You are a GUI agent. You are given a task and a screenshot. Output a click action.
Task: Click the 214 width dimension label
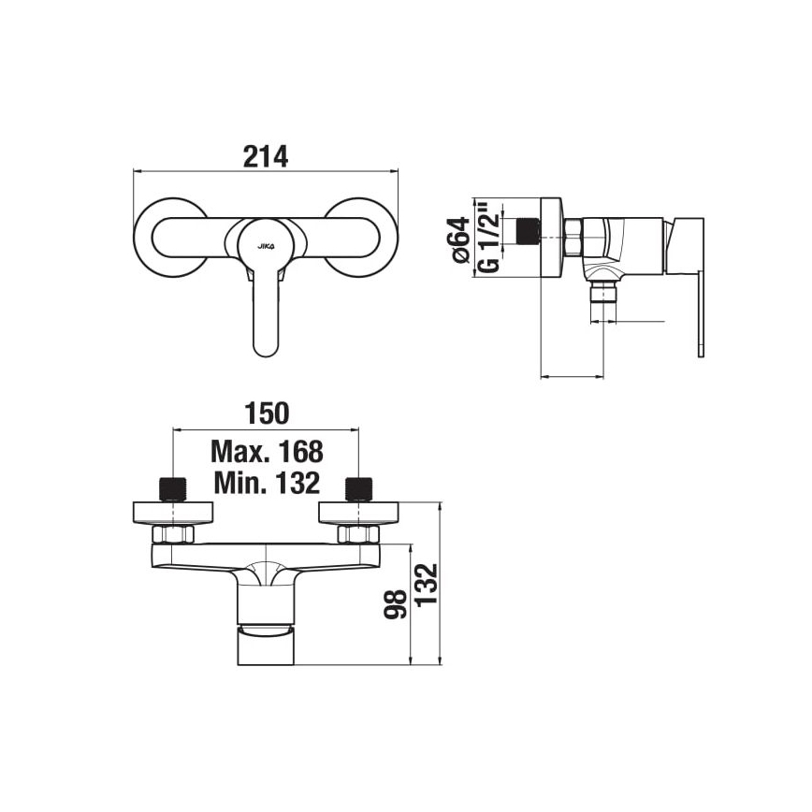tap(267, 156)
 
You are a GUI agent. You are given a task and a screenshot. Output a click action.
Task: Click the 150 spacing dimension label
tap(267, 413)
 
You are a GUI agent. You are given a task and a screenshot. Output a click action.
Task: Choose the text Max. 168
tap(267, 452)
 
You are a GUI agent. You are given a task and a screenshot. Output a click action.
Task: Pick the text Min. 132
tap(267, 483)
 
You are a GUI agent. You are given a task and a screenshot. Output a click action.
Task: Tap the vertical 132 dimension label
tap(427, 587)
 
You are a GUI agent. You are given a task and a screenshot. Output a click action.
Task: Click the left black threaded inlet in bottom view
tap(175, 488)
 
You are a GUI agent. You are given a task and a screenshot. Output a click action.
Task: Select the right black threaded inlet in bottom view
tap(358, 488)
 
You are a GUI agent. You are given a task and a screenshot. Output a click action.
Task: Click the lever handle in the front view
tap(266, 318)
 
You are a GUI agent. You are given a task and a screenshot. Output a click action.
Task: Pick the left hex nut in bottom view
tap(174, 534)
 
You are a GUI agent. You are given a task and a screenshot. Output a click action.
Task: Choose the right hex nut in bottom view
tap(358, 534)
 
